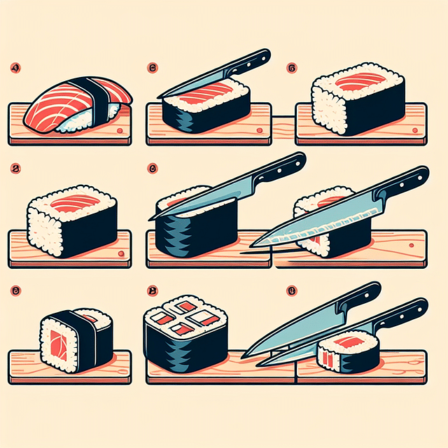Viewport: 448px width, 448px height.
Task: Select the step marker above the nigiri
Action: [x=15, y=69]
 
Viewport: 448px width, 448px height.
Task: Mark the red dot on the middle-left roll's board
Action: [x=121, y=253]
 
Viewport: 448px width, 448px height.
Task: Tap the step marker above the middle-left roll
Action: [x=15, y=168]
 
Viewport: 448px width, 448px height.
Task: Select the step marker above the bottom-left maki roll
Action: [x=15, y=288]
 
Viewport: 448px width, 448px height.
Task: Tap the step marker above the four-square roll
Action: [x=151, y=288]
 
